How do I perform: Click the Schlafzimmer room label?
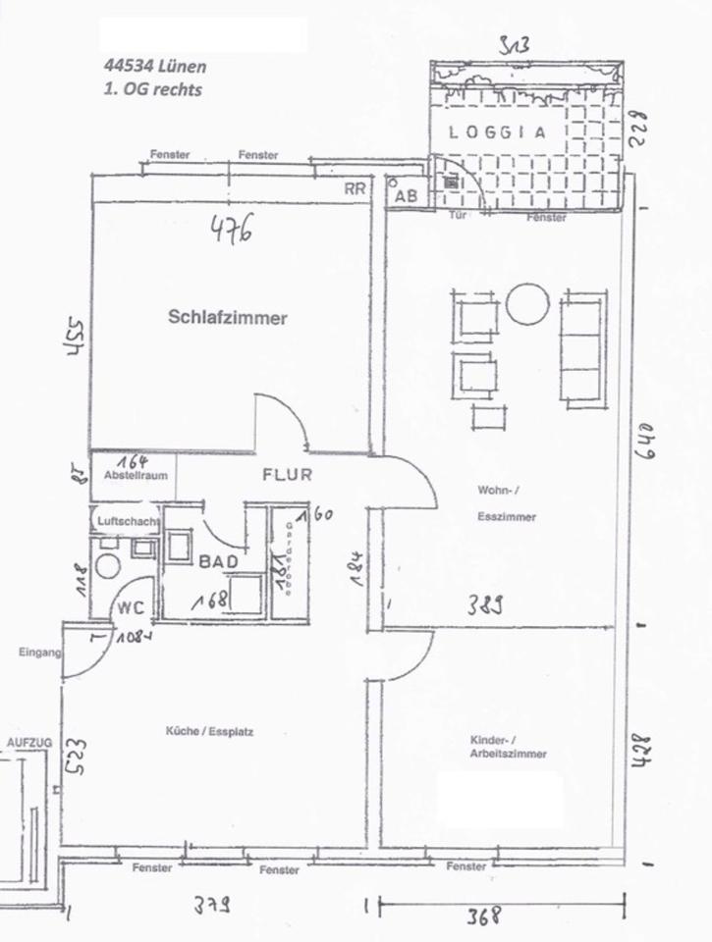point(227,318)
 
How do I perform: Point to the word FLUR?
point(286,476)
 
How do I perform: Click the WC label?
point(131,607)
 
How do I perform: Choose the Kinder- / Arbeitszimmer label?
point(508,748)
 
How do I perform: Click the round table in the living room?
point(526,303)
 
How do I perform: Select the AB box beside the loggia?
point(406,194)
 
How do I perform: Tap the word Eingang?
point(39,652)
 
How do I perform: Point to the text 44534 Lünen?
point(154,68)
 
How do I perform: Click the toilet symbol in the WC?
point(107,566)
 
